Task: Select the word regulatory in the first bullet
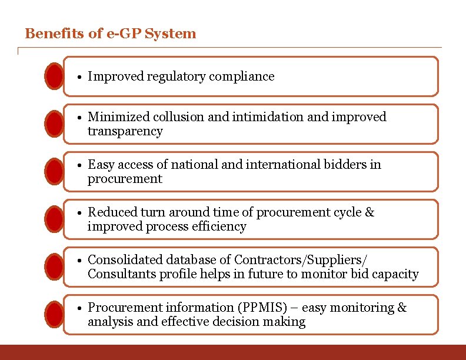[177, 76]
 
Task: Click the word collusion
[175, 117]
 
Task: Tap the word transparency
[125, 131]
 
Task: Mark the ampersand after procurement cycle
[370, 212]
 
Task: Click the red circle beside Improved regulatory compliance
[55, 76]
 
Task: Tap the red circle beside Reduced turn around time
[55, 219]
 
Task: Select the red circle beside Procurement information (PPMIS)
[55, 315]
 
